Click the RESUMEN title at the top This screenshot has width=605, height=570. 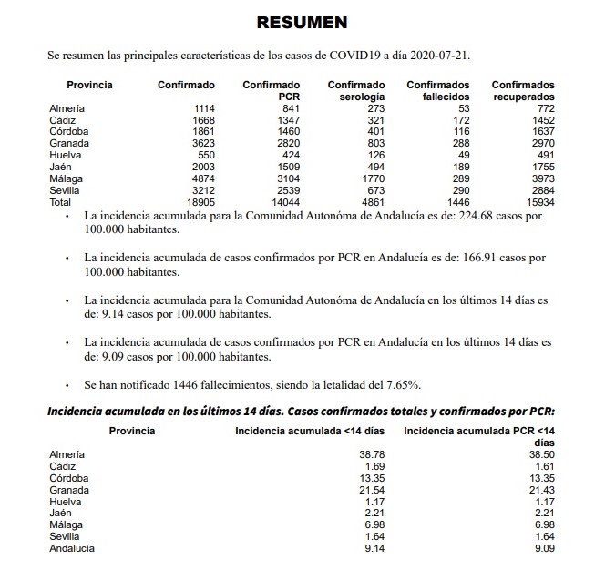302,22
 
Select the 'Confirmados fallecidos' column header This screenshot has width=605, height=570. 437,90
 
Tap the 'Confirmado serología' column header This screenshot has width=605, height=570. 356,90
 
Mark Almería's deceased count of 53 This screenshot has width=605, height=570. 461,108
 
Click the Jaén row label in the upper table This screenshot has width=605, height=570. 60,168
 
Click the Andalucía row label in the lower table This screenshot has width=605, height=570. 74,548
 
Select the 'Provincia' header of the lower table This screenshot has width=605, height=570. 132,430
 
